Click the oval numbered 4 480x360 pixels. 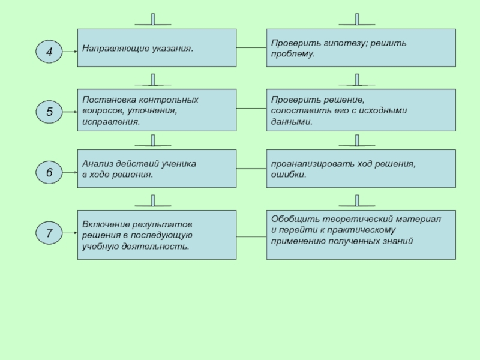pyautogui.click(x=49, y=52)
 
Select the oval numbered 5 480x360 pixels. pyautogui.click(x=49, y=112)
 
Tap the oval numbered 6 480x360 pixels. pyautogui.click(x=49, y=173)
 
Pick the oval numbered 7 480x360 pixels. pyautogui.click(x=49, y=233)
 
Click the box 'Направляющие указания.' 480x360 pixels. pyautogui.click(x=157, y=49)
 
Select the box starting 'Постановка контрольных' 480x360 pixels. pyautogui.click(x=157, y=110)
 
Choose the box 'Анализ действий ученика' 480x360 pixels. pyautogui.click(x=157, y=169)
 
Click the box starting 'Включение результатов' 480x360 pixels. pyautogui.click(x=157, y=235)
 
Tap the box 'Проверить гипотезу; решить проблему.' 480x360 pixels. pyautogui.click(x=361, y=49)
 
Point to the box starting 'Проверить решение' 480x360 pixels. pyautogui.click(x=361, y=110)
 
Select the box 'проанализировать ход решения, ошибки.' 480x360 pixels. pyautogui.click(x=361, y=169)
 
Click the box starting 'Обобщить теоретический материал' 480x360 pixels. pyautogui.click(x=361, y=235)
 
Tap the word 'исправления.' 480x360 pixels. pyautogui.click(x=111, y=122)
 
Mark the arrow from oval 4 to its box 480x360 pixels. pyautogui.click(x=70, y=52)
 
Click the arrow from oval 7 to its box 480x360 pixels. pyautogui.click(x=70, y=233)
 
